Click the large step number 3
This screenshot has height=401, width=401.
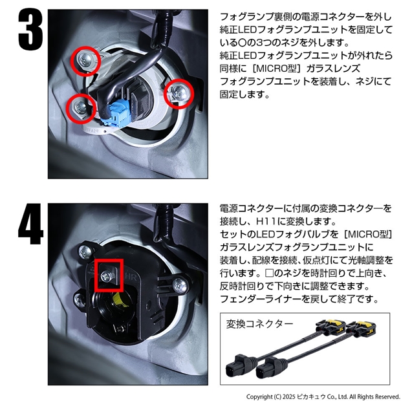[30, 30]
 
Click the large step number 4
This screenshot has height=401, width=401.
[30, 224]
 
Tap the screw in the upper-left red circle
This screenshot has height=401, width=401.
[85, 61]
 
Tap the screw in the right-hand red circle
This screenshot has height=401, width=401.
[179, 93]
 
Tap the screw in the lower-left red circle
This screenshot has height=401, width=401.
[81, 108]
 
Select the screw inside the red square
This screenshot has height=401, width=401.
[106, 276]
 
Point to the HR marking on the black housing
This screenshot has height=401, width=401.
[132, 277]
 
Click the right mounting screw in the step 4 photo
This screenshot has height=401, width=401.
[180, 285]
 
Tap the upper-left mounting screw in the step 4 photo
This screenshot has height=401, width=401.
[85, 252]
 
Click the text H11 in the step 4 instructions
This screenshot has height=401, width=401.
[266, 221]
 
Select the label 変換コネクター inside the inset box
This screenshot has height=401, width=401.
[259, 324]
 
